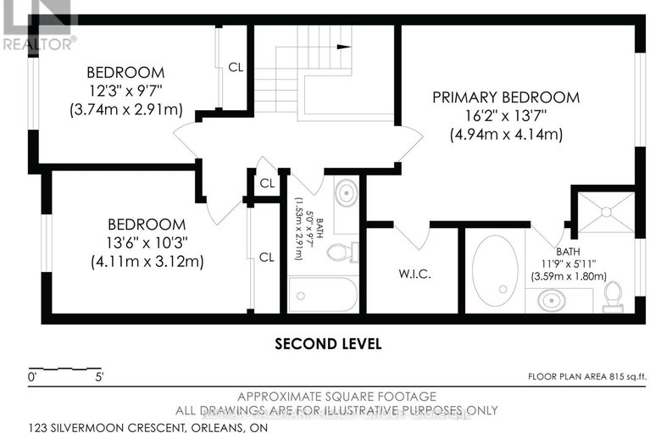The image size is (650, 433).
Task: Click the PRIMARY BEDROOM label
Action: [506, 97]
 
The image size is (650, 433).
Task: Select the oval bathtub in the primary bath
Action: [492, 271]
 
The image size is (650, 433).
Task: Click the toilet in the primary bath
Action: [614, 294]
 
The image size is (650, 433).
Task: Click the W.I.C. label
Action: [415, 274]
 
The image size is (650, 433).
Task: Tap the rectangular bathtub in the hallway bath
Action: [323, 295]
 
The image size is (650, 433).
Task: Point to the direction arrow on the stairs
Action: [343, 48]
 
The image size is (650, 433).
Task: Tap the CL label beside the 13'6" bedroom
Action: [266, 257]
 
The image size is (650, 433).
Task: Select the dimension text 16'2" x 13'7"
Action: [506, 116]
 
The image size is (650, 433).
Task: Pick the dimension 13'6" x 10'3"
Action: [147, 243]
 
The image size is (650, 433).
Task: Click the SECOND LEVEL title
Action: [327, 343]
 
